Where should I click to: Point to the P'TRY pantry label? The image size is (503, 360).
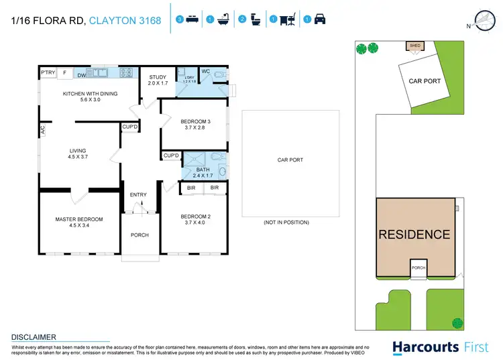[x=47, y=72]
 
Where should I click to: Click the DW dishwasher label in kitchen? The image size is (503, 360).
[x=80, y=76]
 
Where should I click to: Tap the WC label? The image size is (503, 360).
[x=205, y=72]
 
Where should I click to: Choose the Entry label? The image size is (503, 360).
[x=138, y=195]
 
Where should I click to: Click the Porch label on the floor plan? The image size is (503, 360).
[x=139, y=235]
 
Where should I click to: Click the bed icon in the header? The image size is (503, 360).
[x=192, y=20]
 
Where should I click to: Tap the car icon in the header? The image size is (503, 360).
[x=320, y=20]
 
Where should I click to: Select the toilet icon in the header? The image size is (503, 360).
[x=255, y=20]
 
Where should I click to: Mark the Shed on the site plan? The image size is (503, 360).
[x=414, y=46]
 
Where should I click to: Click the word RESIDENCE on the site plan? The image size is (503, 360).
[x=414, y=235]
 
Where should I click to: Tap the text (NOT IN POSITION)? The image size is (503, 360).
[x=290, y=222]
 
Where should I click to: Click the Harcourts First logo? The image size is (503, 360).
[x=435, y=347]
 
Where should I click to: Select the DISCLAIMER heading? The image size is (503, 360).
[x=34, y=337]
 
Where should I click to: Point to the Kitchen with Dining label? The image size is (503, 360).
[x=90, y=94]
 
